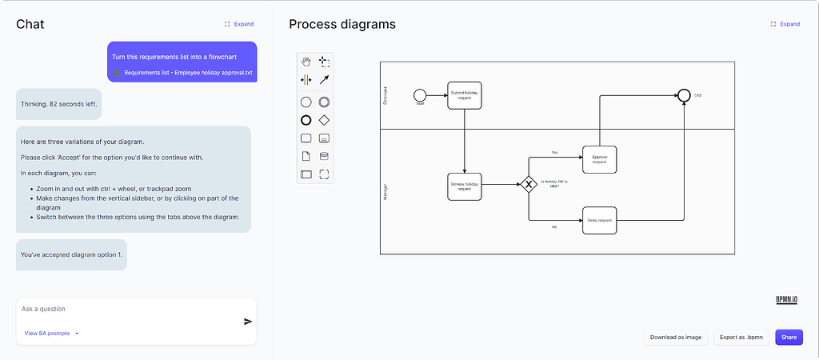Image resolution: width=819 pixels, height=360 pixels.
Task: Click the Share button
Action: pyautogui.click(x=789, y=338)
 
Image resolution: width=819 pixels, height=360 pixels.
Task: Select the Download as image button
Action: pyautogui.click(x=675, y=338)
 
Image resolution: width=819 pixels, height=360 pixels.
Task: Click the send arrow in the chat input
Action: pyautogui.click(x=248, y=322)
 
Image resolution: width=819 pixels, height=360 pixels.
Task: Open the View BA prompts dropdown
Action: pyautogui.click(x=52, y=333)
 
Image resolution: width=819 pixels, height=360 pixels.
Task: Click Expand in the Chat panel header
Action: pyautogui.click(x=239, y=24)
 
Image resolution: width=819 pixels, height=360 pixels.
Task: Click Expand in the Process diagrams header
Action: pyautogui.click(x=785, y=24)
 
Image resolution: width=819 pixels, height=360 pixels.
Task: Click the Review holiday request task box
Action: pyautogui.click(x=464, y=186)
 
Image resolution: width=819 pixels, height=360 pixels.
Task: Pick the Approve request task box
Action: pyautogui.click(x=600, y=158)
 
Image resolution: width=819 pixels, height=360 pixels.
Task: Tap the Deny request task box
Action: pyautogui.click(x=600, y=219)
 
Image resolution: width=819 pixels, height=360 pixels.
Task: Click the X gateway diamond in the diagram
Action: pyautogui.click(x=528, y=186)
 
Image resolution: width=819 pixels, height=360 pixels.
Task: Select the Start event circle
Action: pyautogui.click(x=420, y=95)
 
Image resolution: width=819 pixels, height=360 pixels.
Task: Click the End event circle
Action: pyautogui.click(x=684, y=95)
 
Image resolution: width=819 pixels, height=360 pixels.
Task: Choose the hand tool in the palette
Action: pyautogui.click(x=306, y=62)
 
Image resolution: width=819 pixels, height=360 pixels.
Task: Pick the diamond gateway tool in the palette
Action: pyautogui.click(x=324, y=120)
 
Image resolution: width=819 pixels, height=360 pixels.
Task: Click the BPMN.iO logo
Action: pyautogui.click(x=788, y=300)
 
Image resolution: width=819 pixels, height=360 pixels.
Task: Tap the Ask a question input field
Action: pyautogui.click(x=128, y=309)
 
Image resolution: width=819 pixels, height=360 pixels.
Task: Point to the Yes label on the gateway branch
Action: pyautogui.click(x=554, y=152)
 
